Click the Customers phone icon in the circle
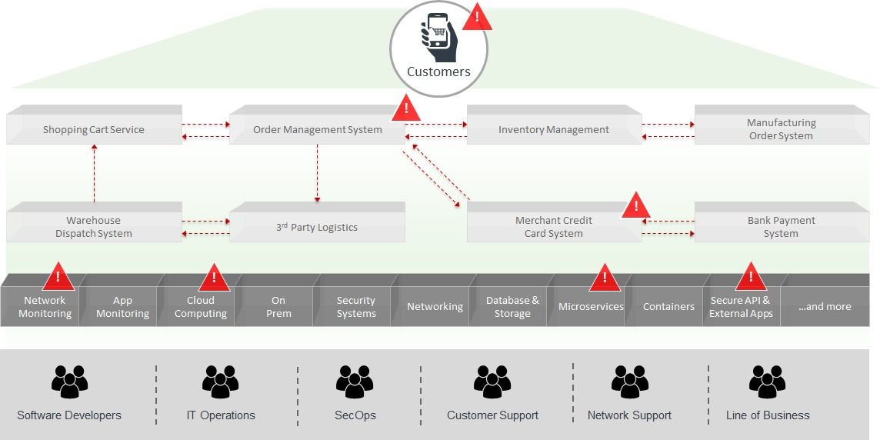[x=438, y=38]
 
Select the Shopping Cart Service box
[x=94, y=129]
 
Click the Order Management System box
[x=317, y=129]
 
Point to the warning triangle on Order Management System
[x=405, y=110]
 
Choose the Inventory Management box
[x=554, y=129]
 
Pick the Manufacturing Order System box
[x=782, y=129]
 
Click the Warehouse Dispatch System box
[x=94, y=227]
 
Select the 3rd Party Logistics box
[x=317, y=227]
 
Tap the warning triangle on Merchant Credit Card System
[x=635, y=206]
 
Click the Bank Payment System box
[x=782, y=227]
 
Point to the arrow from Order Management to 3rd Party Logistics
[x=317, y=173]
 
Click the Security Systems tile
[x=355, y=307]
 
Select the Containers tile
[x=668, y=307]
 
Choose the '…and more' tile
[x=825, y=307]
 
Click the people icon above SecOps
[x=355, y=382]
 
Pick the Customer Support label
[x=492, y=415]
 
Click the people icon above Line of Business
[x=767, y=382]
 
